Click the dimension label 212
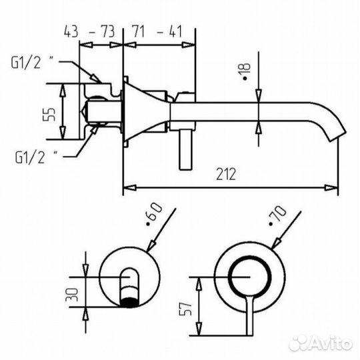(227, 174)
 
